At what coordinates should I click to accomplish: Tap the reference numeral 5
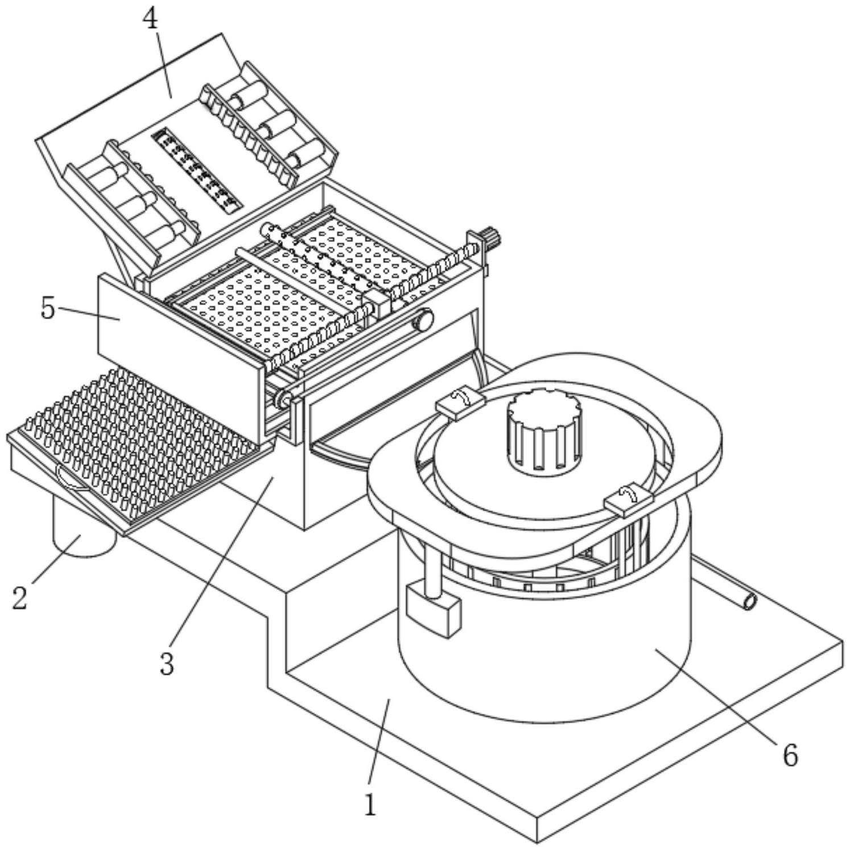coord(48,308)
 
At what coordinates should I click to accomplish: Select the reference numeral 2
coord(20,598)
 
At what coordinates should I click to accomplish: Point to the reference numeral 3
coord(166,664)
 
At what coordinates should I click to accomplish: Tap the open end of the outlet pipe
coord(750,602)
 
